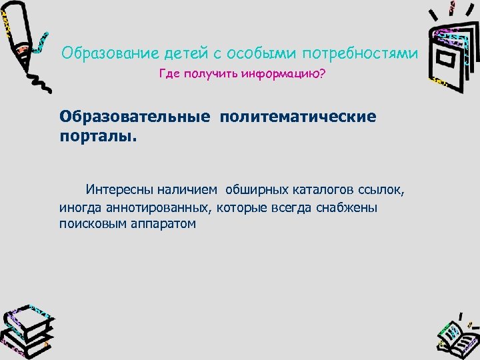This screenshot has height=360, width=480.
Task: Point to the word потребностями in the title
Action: tap(361, 52)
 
